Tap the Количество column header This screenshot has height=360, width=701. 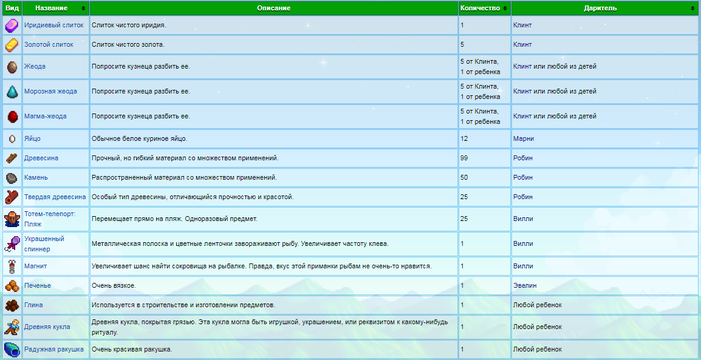(x=480, y=8)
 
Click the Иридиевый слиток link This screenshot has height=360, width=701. (x=53, y=25)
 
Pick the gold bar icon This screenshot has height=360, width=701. (x=12, y=45)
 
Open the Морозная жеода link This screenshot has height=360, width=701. (x=50, y=91)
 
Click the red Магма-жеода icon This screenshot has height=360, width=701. (x=12, y=116)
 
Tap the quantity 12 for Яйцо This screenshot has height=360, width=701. (x=464, y=138)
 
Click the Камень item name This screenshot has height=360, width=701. (x=36, y=177)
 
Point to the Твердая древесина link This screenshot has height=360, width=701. (x=55, y=197)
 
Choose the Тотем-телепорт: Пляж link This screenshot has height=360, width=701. (x=49, y=219)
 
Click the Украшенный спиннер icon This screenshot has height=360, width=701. (x=12, y=243)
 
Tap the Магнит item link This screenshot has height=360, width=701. (x=35, y=266)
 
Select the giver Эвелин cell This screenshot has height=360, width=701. (x=524, y=285)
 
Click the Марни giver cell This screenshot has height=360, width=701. (x=523, y=138)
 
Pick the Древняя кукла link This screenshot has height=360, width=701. (x=47, y=327)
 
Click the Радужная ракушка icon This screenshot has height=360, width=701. (x=12, y=349)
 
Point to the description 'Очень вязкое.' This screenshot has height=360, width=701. (x=114, y=285)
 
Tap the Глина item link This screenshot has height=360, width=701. (x=33, y=305)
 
